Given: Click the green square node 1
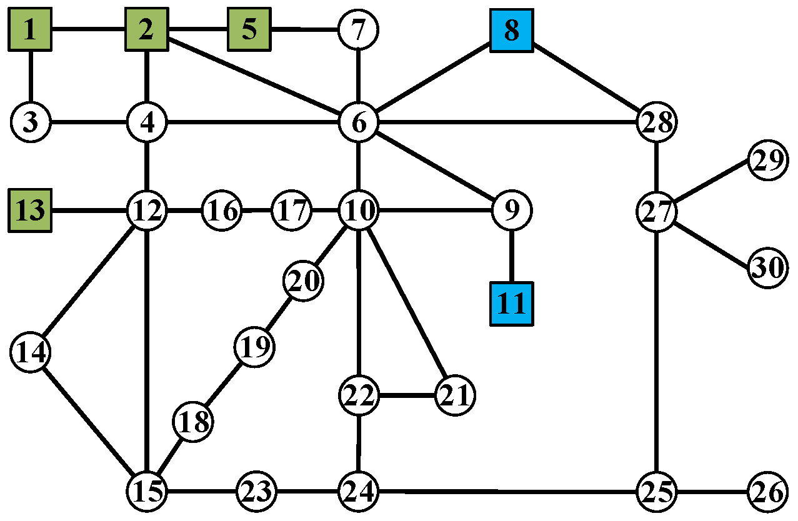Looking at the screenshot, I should (30, 30).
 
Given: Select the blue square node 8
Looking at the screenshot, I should (511, 30).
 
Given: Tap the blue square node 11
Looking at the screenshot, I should (511, 304).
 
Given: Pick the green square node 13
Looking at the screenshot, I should (30, 211).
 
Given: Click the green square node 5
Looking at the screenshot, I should (249, 29).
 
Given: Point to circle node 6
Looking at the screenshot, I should (359, 122).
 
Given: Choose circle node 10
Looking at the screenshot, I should (359, 211).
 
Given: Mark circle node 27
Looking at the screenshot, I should (656, 211).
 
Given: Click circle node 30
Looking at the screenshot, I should (767, 268).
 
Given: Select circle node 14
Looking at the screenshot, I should (30, 353).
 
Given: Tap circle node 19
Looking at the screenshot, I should (254, 346).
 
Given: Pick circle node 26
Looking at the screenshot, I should (767, 492).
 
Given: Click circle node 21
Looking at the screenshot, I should (455, 395).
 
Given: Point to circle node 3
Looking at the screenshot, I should (30, 122).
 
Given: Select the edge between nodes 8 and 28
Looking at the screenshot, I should (584, 76).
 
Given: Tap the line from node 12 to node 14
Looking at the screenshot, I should (89, 281).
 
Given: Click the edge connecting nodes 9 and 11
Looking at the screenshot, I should (511, 256).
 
